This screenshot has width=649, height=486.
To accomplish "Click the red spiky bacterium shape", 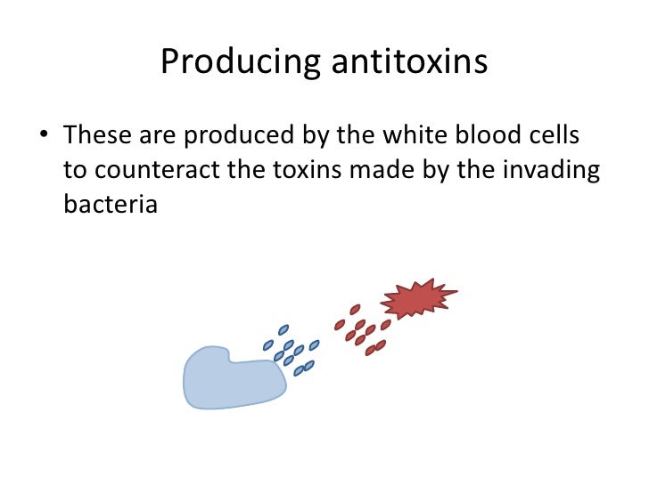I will tap(417, 302).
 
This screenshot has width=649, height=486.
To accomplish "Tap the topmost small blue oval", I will tap(284, 330).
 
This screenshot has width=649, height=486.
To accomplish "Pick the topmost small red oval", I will tap(355, 311).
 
